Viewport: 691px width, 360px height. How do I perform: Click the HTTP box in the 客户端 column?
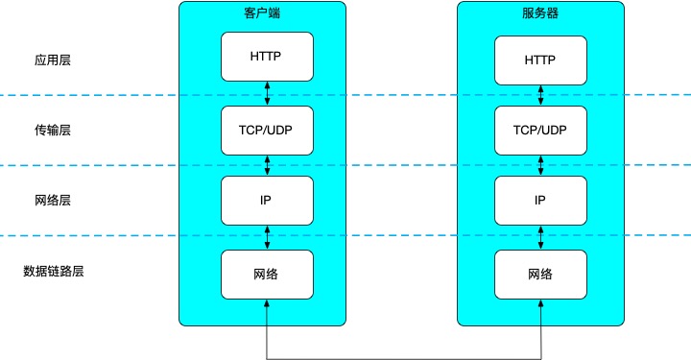click(267, 57)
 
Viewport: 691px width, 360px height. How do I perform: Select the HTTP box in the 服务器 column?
click(540, 60)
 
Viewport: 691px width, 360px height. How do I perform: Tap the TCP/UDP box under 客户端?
click(267, 129)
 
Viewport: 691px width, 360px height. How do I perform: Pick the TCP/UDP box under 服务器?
click(540, 131)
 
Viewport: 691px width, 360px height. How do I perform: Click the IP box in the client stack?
click(267, 200)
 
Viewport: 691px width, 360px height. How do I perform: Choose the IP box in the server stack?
click(540, 202)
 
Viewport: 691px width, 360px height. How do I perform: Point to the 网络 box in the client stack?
click(267, 274)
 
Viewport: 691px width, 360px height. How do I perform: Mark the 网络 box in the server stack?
click(540, 274)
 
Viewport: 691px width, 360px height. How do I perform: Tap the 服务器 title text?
click(540, 14)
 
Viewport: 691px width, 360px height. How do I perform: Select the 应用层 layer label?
click(52, 60)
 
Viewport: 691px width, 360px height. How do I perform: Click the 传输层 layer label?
click(52, 131)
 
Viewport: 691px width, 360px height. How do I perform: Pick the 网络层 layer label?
click(52, 201)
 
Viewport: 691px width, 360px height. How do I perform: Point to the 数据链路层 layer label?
click(54, 272)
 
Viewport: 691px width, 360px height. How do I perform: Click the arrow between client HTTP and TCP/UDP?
click(267, 93)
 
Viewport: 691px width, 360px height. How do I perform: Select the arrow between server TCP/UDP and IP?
click(540, 166)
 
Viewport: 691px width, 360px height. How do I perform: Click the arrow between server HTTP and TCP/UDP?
click(540, 95)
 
